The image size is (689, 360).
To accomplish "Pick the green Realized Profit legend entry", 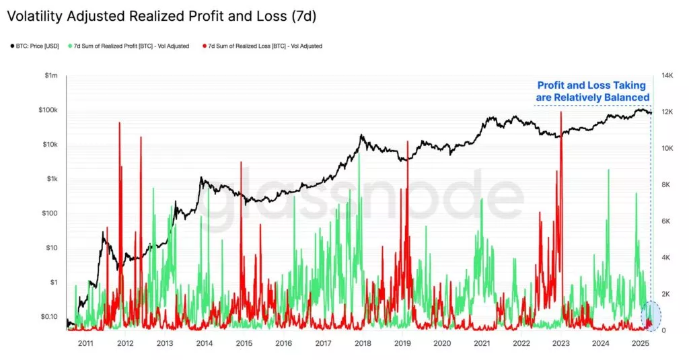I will coord(129,46).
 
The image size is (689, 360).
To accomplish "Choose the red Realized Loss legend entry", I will coord(262,46).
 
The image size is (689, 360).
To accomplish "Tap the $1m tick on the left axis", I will coord(51,75).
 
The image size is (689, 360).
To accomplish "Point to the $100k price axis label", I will coord(48,110).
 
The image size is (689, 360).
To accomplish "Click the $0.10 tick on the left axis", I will coord(48,316).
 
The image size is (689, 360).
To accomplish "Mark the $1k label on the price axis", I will coord(51,179).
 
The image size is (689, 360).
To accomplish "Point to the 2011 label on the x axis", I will coord(85,343).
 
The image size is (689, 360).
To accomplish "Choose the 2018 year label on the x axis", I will coord(363,343).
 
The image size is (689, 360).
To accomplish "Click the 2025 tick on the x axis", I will coord(640,343).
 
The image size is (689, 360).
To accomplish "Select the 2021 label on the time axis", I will coord(482,343).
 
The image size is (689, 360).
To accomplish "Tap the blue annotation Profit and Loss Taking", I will coord(593,91).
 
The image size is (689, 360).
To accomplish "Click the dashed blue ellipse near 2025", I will coord(651,316).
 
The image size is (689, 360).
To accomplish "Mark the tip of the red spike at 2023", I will coord(560,112).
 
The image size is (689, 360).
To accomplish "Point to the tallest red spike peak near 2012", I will coord(119,123).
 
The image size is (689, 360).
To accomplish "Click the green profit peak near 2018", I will coord(359,154).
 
